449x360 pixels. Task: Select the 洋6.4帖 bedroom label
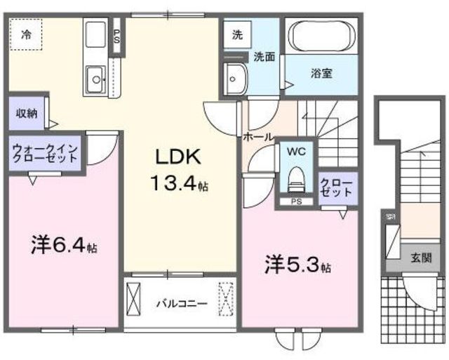(64, 248)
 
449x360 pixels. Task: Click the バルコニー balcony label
(181, 304)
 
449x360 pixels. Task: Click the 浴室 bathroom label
(321, 72)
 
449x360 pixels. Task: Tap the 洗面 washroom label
(264, 58)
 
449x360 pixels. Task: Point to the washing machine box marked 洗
(237, 33)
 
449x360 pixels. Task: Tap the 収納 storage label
(27, 113)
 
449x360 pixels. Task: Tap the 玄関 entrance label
(421, 257)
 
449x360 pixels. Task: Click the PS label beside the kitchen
(116, 35)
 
